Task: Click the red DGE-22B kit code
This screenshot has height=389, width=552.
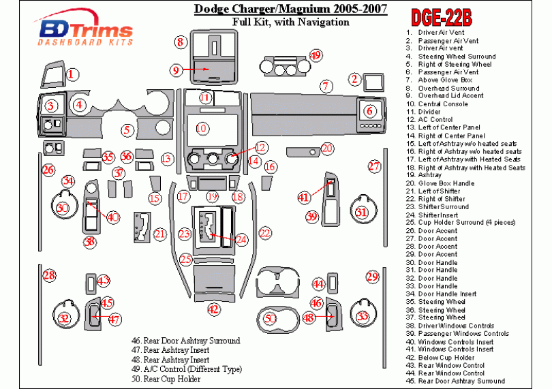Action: pyautogui.click(x=442, y=18)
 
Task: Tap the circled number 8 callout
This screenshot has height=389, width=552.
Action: pyautogui.click(x=180, y=42)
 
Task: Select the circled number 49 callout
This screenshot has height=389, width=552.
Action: pyautogui.click(x=316, y=55)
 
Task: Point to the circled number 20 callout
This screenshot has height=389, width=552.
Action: pyautogui.click(x=327, y=149)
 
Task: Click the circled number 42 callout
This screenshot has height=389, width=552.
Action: pyautogui.click(x=213, y=309)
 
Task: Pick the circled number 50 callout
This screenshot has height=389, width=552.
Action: pyautogui.click(x=270, y=318)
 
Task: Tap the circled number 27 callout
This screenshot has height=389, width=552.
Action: pyautogui.click(x=374, y=166)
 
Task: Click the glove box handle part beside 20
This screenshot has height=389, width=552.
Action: pyautogui.click(x=303, y=152)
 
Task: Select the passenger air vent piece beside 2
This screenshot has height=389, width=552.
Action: pyautogui.click(x=373, y=82)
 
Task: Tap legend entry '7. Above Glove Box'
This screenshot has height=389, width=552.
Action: pyautogui.click(x=439, y=80)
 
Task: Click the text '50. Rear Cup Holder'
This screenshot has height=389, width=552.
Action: pyautogui.click(x=166, y=379)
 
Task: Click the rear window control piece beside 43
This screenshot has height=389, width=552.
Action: pyautogui.click(x=91, y=283)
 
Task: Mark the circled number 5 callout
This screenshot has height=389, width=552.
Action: pyautogui.click(x=127, y=130)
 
